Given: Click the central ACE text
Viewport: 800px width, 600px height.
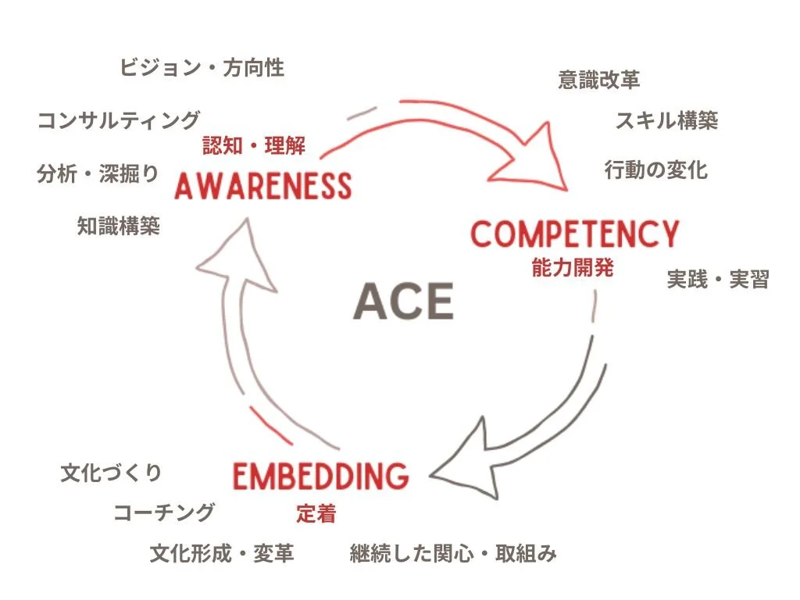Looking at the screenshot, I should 403,302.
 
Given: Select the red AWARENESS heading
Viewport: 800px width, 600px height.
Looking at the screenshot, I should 263,186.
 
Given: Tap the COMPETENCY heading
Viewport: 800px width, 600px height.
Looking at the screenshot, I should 574,234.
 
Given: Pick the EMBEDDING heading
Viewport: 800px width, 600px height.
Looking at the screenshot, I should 321,476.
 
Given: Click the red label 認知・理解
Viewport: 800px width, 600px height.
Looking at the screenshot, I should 253,145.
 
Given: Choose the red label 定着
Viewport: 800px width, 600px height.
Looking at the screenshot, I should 316,513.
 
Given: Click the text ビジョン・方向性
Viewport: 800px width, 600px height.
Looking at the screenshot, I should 202,68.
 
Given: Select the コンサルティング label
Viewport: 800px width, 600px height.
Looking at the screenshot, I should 119,120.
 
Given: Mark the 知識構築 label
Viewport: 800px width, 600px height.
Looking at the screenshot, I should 119,226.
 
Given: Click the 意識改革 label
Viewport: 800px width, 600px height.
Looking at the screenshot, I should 599,80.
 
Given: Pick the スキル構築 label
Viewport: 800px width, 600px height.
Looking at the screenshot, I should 666,120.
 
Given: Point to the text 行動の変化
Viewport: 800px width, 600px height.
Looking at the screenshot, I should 656,170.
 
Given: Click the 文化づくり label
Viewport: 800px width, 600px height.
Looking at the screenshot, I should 112,473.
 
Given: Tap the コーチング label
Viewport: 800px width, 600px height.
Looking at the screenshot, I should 164,512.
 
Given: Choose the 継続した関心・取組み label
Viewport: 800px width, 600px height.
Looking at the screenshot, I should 453,554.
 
